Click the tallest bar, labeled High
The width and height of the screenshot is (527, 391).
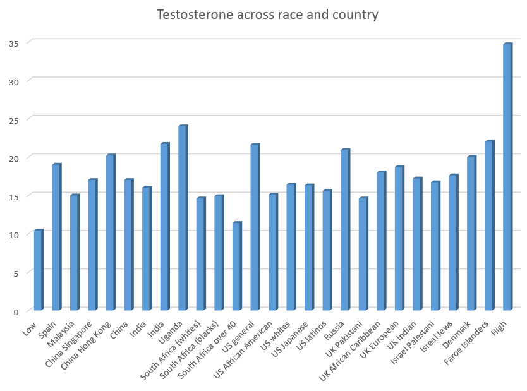(x=507, y=177)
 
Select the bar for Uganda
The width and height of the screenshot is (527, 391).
(x=183, y=218)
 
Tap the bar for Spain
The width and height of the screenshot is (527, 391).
(x=56, y=237)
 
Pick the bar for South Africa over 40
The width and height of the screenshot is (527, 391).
(x=236, y=266)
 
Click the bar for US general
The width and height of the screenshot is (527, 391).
(x=255, y=227)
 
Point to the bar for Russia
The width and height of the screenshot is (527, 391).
(x=345, y=230)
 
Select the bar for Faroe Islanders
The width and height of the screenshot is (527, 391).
(x=489, y=226)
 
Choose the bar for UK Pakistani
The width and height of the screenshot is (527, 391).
(x=363, y=254)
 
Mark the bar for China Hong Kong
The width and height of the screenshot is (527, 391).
(x=111, y=232)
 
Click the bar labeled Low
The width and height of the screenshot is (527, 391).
(x=38, y=270)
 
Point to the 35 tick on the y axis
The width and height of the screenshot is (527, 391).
(x=13, y=43)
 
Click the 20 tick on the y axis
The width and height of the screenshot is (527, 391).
(x=13, y=157)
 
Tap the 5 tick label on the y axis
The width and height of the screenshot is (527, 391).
(x=16, y=272)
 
